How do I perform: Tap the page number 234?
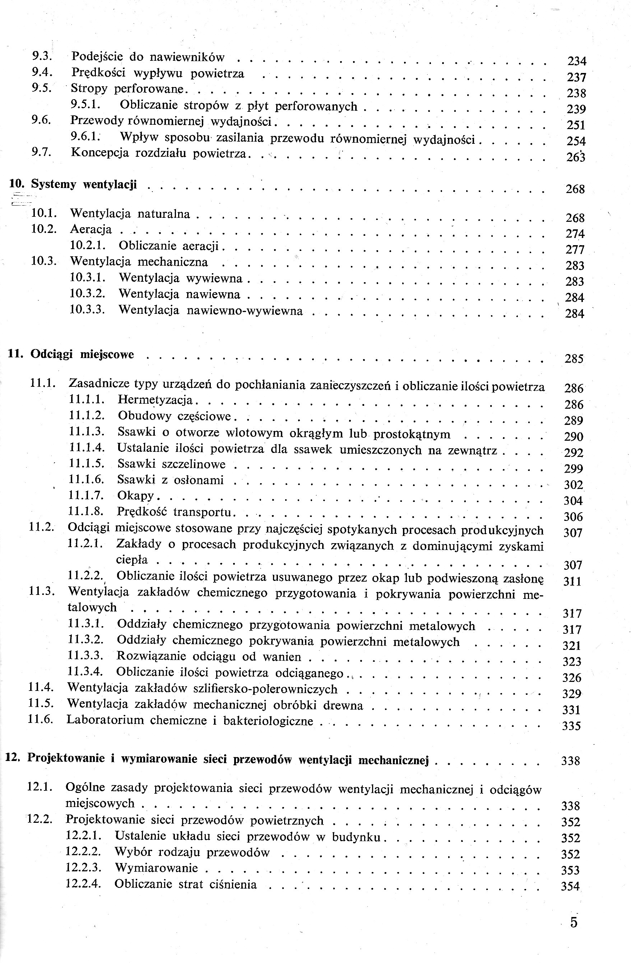tap(577, 61)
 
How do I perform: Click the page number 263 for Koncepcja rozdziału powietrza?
tap(576, 157)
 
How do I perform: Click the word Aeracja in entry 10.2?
tap(91, 229)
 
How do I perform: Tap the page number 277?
tap(575, 250)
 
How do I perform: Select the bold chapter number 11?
tap(15, 354)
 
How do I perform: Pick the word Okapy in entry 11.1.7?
tap(135, 496)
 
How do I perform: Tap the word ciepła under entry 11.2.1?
tap(132, 560)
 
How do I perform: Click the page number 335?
tap(572, 726)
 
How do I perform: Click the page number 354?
tap(570, 886)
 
